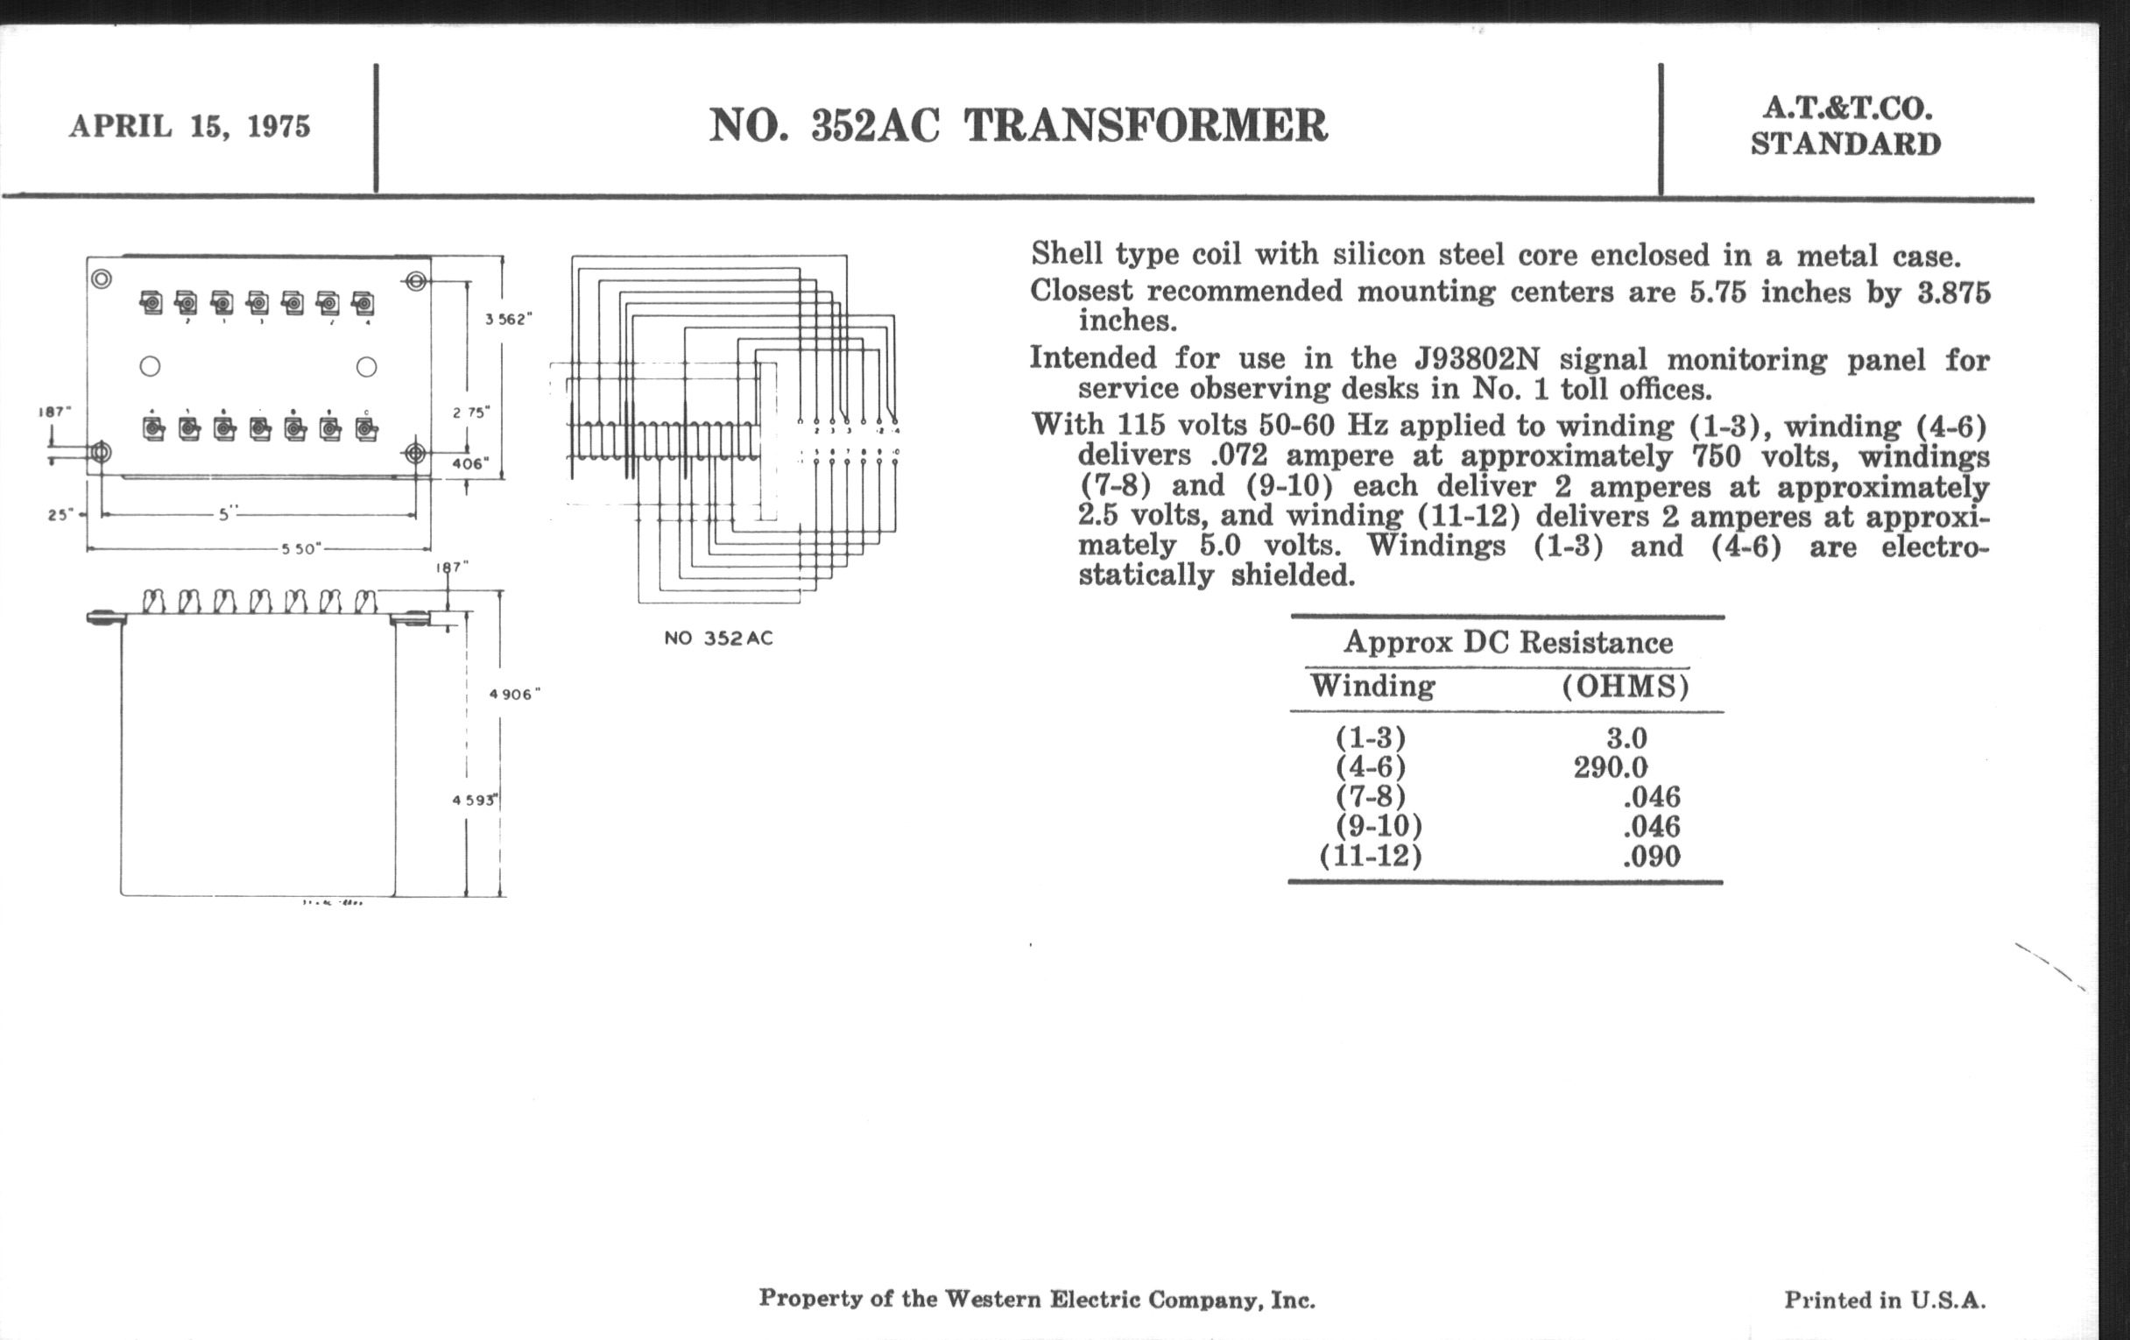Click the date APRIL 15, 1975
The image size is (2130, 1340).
189,126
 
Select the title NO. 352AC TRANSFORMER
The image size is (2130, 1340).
1018,125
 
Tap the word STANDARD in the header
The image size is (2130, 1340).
1845,145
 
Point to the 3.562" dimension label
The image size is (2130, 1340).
509,320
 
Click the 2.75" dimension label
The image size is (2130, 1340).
470,413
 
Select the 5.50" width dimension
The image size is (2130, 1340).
300,549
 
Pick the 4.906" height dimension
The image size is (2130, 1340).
513,695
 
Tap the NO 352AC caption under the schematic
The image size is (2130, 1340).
718,638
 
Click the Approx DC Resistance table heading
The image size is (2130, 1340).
1508,643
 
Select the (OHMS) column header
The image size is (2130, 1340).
1625,688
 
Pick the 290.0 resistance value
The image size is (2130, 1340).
1610,768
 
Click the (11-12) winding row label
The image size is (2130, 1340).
1370,857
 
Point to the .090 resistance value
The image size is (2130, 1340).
1652,857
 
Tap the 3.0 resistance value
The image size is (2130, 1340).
1626,738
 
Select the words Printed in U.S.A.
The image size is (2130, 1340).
1885,1301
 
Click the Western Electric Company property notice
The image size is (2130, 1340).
1037,1300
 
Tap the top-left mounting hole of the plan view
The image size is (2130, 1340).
102,279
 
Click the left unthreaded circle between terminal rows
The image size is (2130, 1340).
151,366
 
